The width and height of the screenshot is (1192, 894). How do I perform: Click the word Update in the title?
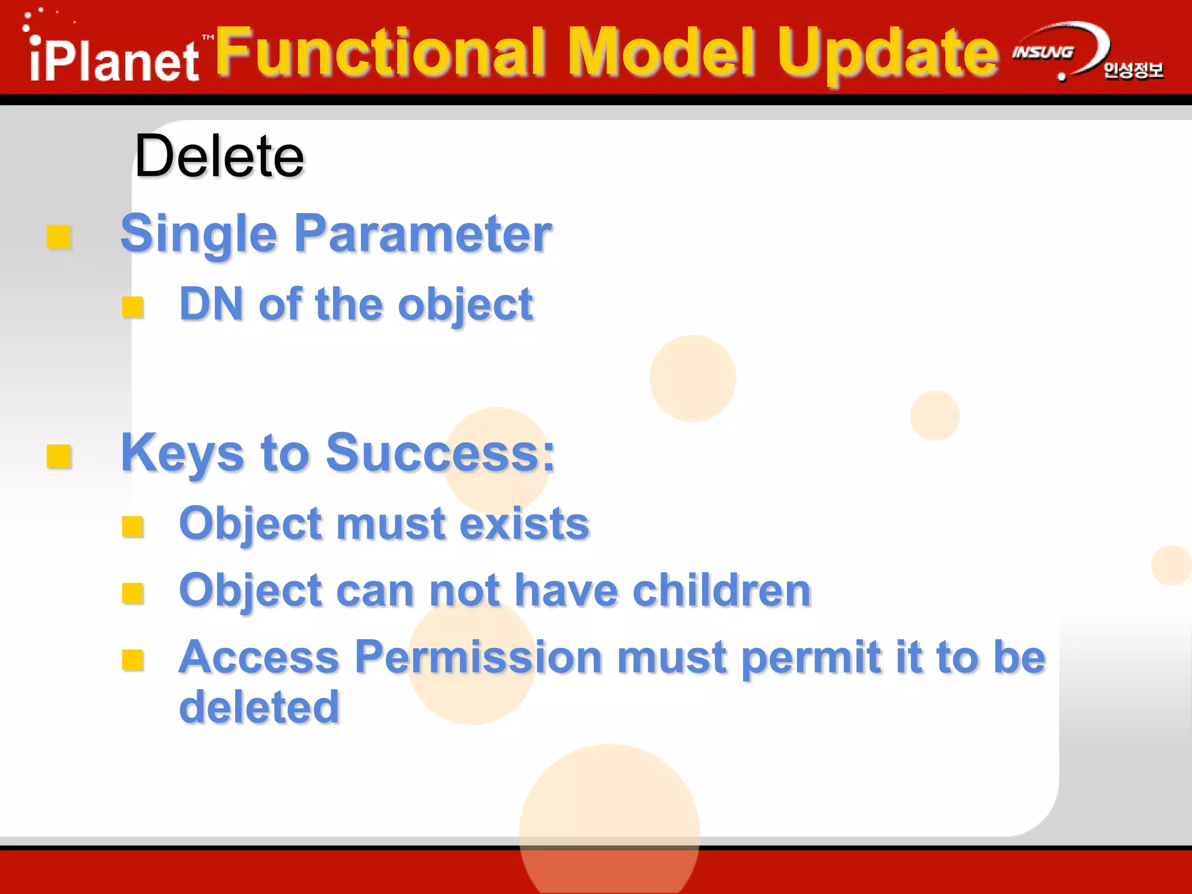pyautogui.click(x=888, y=54)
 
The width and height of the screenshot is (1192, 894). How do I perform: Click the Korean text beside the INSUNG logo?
pyautogui.click(x=1133, y=70)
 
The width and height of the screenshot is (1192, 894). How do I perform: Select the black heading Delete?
pyautogui.click(x=219, y=156)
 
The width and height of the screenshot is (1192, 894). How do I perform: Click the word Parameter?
pyautogui.click(x=423, y=234)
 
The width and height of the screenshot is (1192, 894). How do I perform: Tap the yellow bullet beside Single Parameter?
pyautogui.click(x=59, y=237)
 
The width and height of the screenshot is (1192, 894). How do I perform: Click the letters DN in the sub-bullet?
pyautogui.click(x=211, y=304)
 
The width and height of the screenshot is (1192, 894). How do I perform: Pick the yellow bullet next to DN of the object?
pyautogui.click(x=133, y=306)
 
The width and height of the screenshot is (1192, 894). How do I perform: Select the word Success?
pyautogui.click(x=441, y=453)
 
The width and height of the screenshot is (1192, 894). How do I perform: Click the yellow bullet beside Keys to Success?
pyautogui.click(x=59, y=456)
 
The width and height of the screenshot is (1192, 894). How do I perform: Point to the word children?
pyautogui.click(x=722, y=590)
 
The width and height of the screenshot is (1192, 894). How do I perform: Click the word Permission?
pyautogui.click(x=478, y=657)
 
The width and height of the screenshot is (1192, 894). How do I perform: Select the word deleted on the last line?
pyautogui.click(x=259, y=707)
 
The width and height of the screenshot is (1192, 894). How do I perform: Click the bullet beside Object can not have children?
pyautogui.click(x=133, y=593)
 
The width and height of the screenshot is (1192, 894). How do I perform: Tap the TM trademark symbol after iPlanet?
pyautogui.click(x=208, y=37)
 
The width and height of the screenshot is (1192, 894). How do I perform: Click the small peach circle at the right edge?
pyautogui.click(x=1171, y=565)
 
